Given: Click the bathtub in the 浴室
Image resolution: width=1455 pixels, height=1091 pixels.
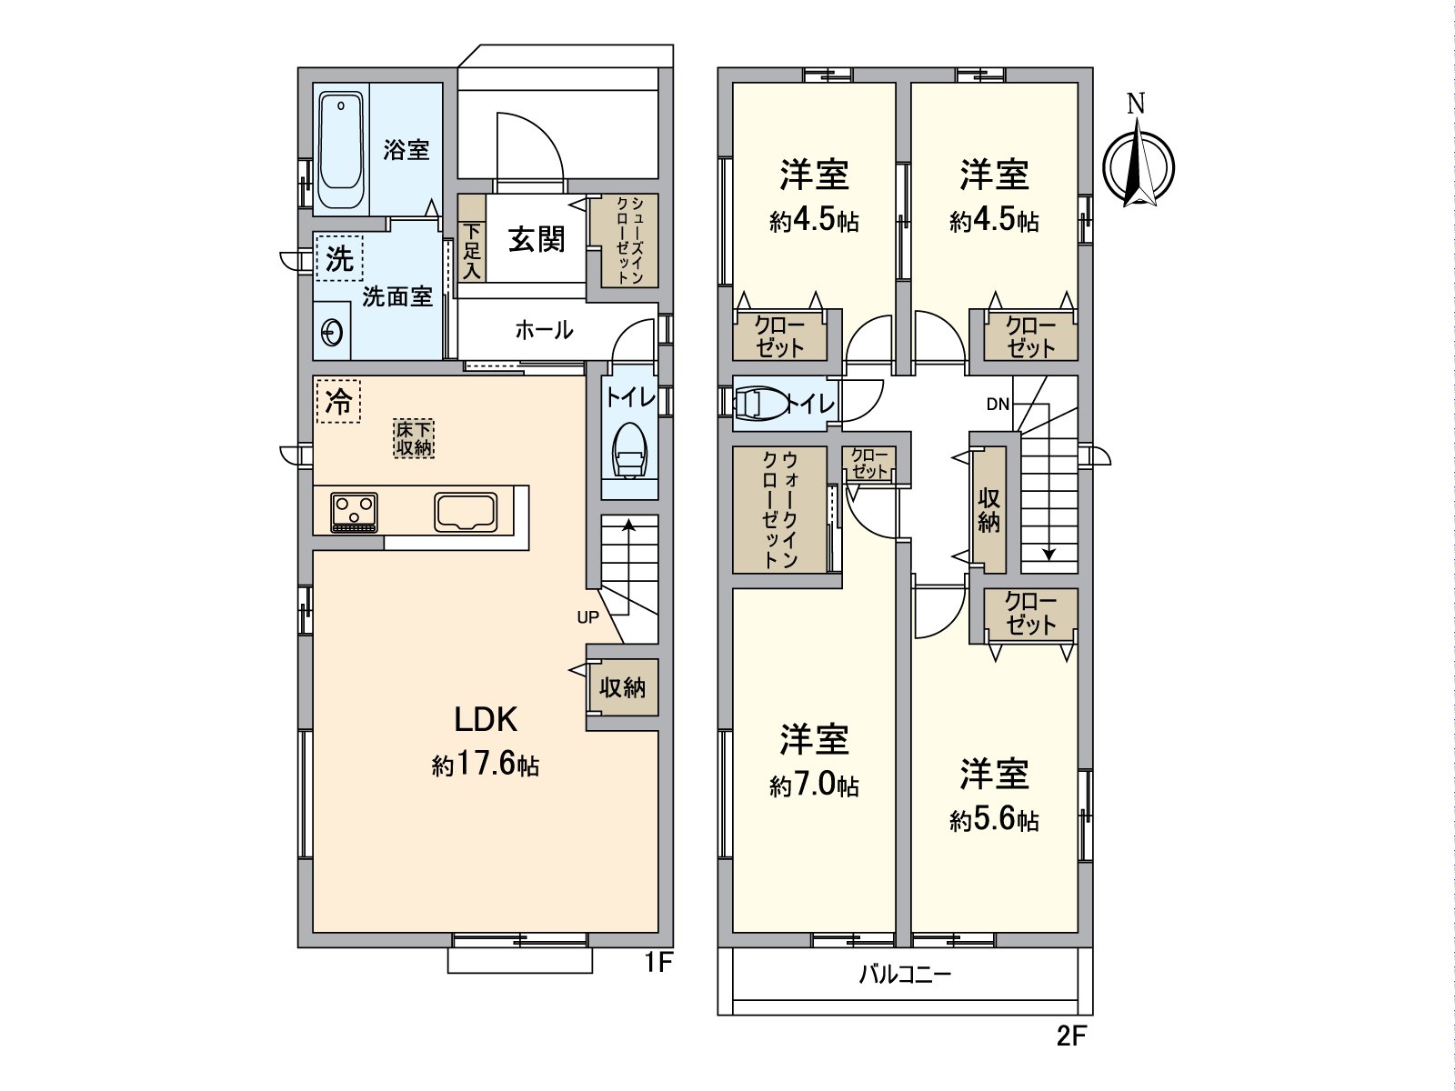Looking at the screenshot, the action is point(341,150).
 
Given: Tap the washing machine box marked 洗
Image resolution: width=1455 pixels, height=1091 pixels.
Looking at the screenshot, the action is point(339,258).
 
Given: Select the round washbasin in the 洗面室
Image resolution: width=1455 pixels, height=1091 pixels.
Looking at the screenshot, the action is point(331,331).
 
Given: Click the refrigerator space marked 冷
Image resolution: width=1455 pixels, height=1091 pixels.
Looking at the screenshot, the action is point(338,401).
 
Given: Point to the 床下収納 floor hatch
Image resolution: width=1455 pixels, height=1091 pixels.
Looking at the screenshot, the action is point(414,438).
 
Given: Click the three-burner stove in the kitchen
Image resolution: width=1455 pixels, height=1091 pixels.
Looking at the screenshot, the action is point(354,512).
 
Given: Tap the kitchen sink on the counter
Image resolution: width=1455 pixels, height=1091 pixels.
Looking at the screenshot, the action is point(466,512).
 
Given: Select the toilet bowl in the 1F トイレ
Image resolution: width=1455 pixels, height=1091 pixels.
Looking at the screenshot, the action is point(629,450).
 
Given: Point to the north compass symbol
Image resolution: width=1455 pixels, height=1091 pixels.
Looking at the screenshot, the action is point(1138,163).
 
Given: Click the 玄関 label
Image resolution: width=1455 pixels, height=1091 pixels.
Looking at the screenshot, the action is point(537,239).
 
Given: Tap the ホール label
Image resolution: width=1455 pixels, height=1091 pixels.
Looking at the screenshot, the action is point(544,330).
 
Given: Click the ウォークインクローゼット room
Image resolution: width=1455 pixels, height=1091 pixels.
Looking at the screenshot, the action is point(779,509).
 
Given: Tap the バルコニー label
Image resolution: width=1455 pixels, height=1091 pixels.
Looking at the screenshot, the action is point(906,975).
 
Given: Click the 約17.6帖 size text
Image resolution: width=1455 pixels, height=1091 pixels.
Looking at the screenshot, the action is point(486,766).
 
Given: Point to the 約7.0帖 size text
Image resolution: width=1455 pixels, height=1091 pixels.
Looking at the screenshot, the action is point(815,786).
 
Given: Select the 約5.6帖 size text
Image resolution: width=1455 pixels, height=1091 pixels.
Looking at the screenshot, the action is point(994,821).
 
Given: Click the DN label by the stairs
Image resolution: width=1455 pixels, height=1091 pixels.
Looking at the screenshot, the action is point(998,405).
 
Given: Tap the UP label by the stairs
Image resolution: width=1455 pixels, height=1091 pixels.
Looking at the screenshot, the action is point(588,618).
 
